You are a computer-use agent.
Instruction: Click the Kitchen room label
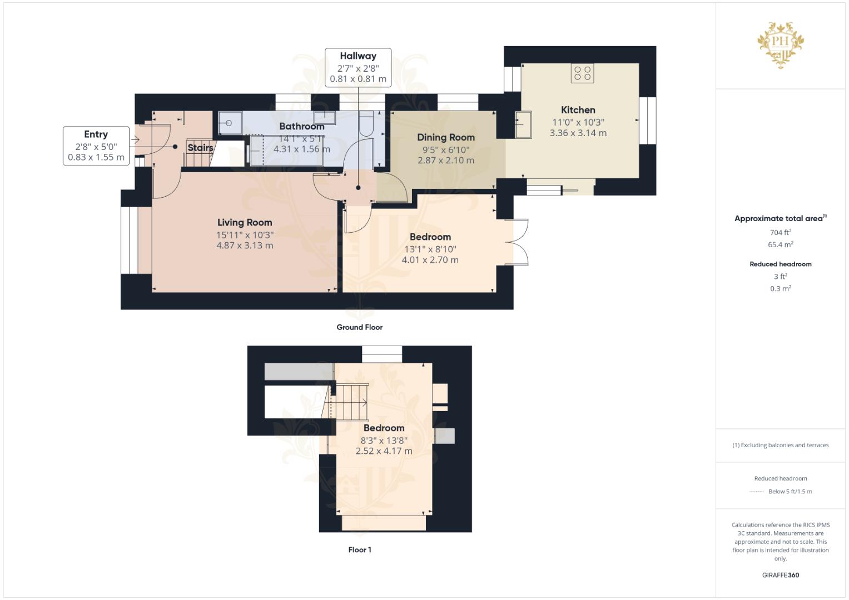[578, 110]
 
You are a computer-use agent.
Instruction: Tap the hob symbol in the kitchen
[583, 73]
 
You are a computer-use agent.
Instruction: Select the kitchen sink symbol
[524, 124]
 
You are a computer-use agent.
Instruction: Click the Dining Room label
[446, 138]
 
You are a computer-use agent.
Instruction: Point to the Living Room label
[245, 222]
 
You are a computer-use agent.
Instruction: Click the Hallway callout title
[358, 56]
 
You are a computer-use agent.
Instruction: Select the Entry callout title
[96, 134]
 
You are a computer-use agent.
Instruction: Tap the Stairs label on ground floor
[200, 147]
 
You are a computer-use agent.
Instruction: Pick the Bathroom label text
[302, 126]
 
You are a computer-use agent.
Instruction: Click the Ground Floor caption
[360, 327]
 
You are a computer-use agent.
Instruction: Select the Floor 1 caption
[360, 549]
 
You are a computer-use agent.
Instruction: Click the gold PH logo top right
[781, 45]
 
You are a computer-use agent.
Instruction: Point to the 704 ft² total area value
[781, 232]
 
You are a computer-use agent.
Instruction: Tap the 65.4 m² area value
[781, 244]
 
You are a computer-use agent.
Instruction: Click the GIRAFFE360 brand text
[781, 575]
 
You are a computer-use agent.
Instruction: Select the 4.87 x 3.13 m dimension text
[245, 246]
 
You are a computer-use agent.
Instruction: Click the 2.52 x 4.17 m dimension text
[384, 451]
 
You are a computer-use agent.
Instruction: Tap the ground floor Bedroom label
[430, 237]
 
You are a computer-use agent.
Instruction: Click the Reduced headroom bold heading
[781, 264]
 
